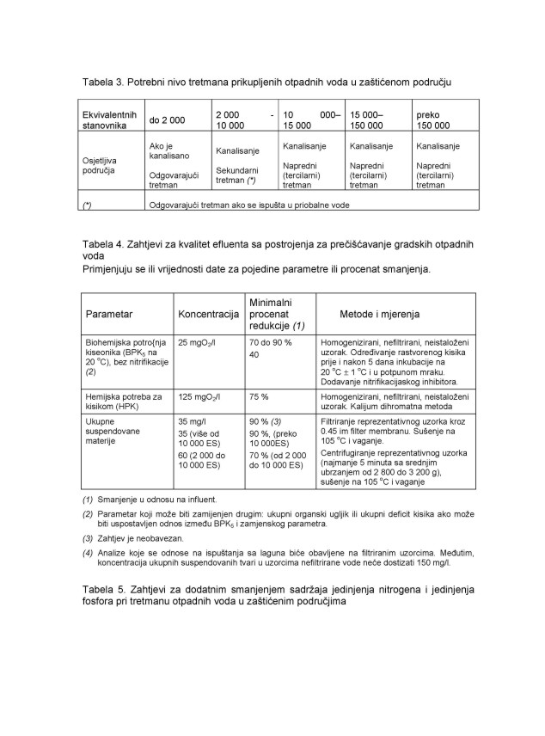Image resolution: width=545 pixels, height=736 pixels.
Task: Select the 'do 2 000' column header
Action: pos(170,120)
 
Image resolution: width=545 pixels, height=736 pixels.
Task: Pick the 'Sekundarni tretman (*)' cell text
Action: pos(236,175)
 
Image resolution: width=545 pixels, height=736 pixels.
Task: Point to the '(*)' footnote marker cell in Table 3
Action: pos(87,205)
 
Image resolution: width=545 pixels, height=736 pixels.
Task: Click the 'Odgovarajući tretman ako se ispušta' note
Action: pos(250,205)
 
